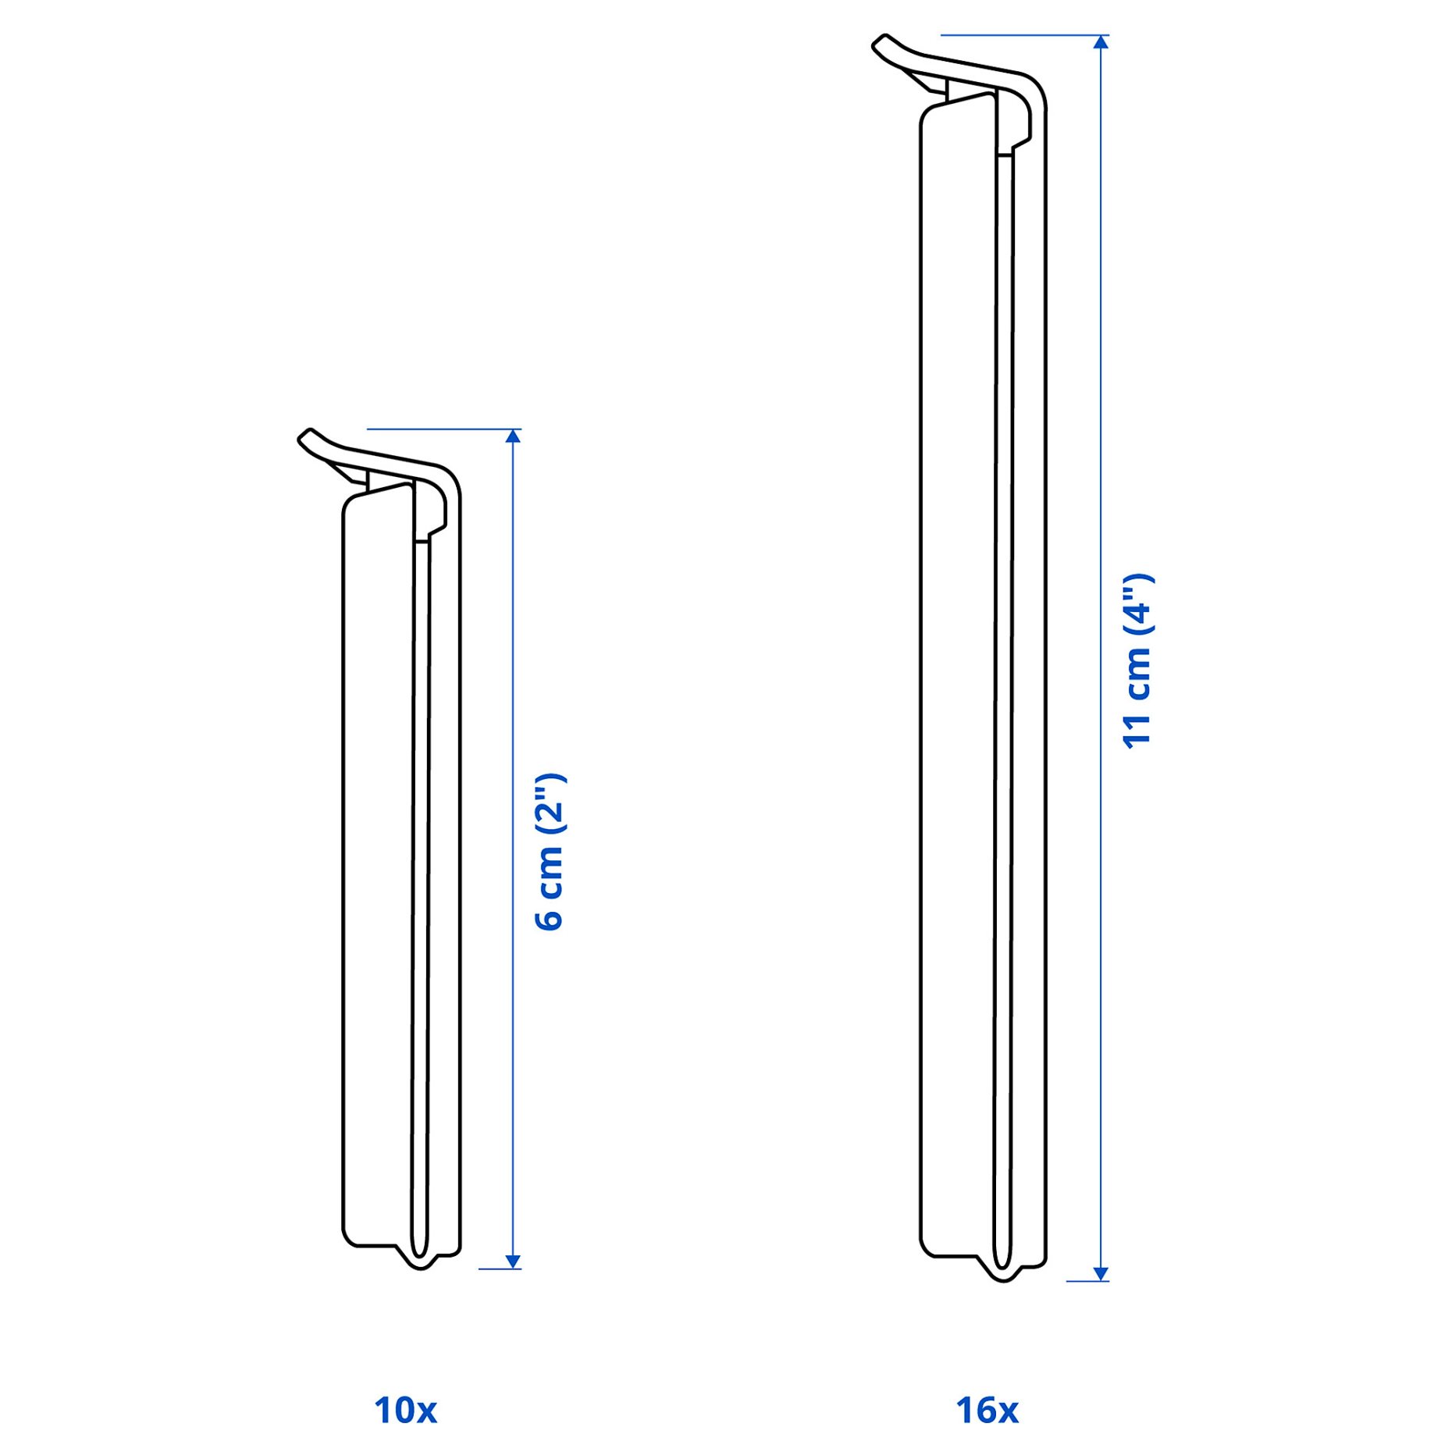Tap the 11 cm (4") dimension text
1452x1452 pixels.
click(x=1137, y=662)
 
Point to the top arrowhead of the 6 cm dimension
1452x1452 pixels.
click(x=513, y=436)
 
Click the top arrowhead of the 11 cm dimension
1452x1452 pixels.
click(x=1101, y=42)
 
